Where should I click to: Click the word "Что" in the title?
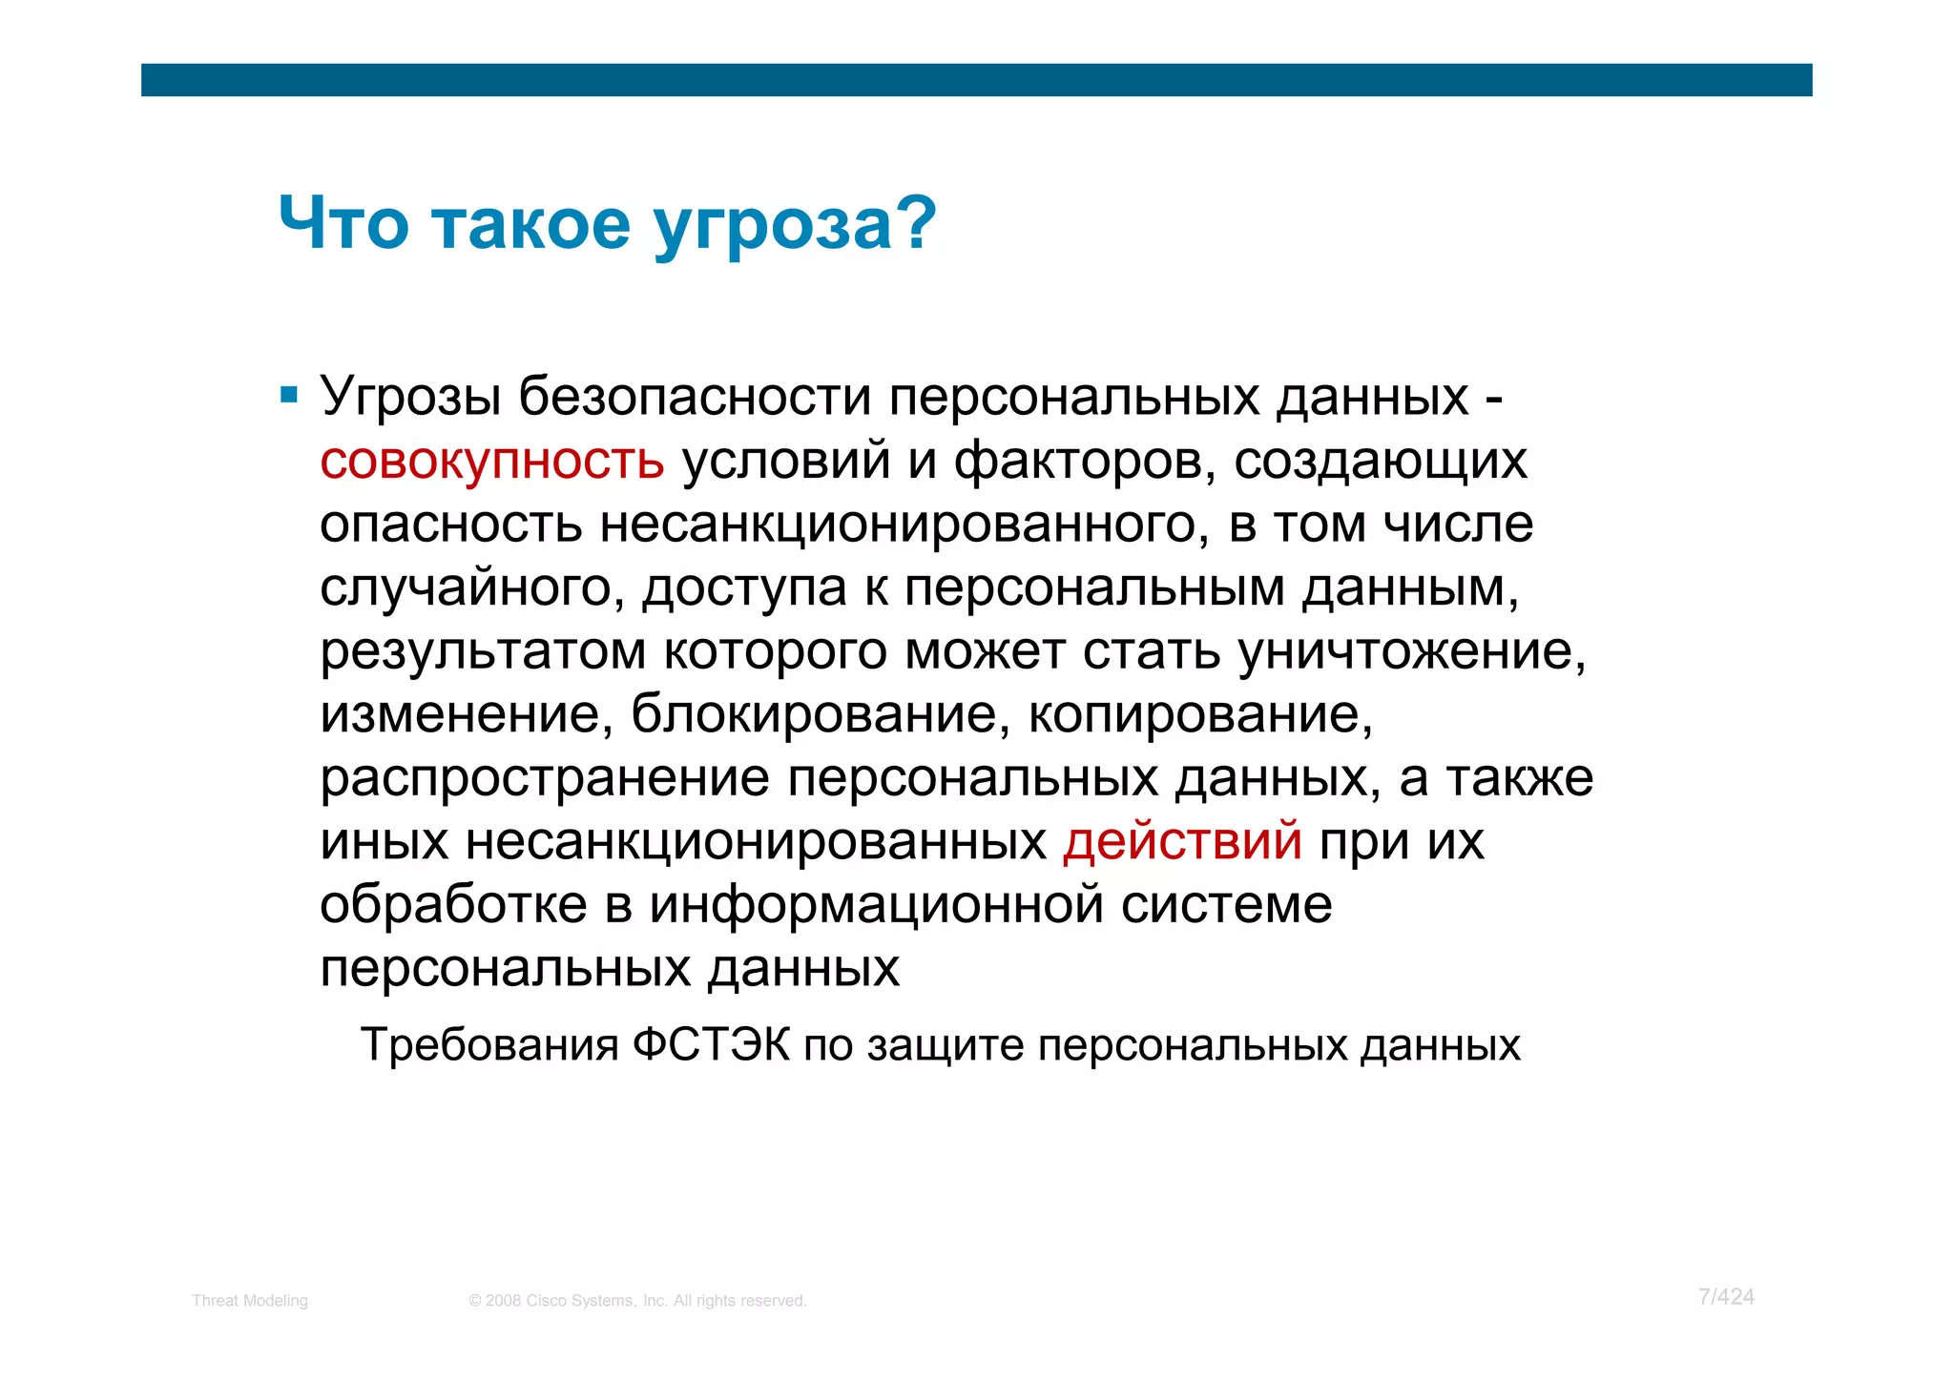[x=343, y=224]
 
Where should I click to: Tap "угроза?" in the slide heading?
[x=795, y=226]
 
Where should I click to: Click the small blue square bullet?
[x=289, y=394]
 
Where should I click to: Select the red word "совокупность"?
[x=491, y=460]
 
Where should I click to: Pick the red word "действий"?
[x=1182, y=841]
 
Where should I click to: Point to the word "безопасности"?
[x=695, y=396]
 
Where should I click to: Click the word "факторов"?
[x=1085, y=460]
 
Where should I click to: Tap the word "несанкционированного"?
[x=897, y=524]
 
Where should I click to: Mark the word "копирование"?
[x=1200, y=713]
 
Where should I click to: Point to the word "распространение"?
[x=544, y=777]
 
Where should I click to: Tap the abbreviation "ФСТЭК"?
[x=711, y=1045]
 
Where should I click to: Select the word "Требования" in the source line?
[x=489, y=1045]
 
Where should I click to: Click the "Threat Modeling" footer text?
[x=250, y=1301]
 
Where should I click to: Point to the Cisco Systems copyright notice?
[x=637, y=1301]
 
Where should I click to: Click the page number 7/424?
[x=1726, y=1297]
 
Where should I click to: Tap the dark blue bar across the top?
[x=976, y=80]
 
